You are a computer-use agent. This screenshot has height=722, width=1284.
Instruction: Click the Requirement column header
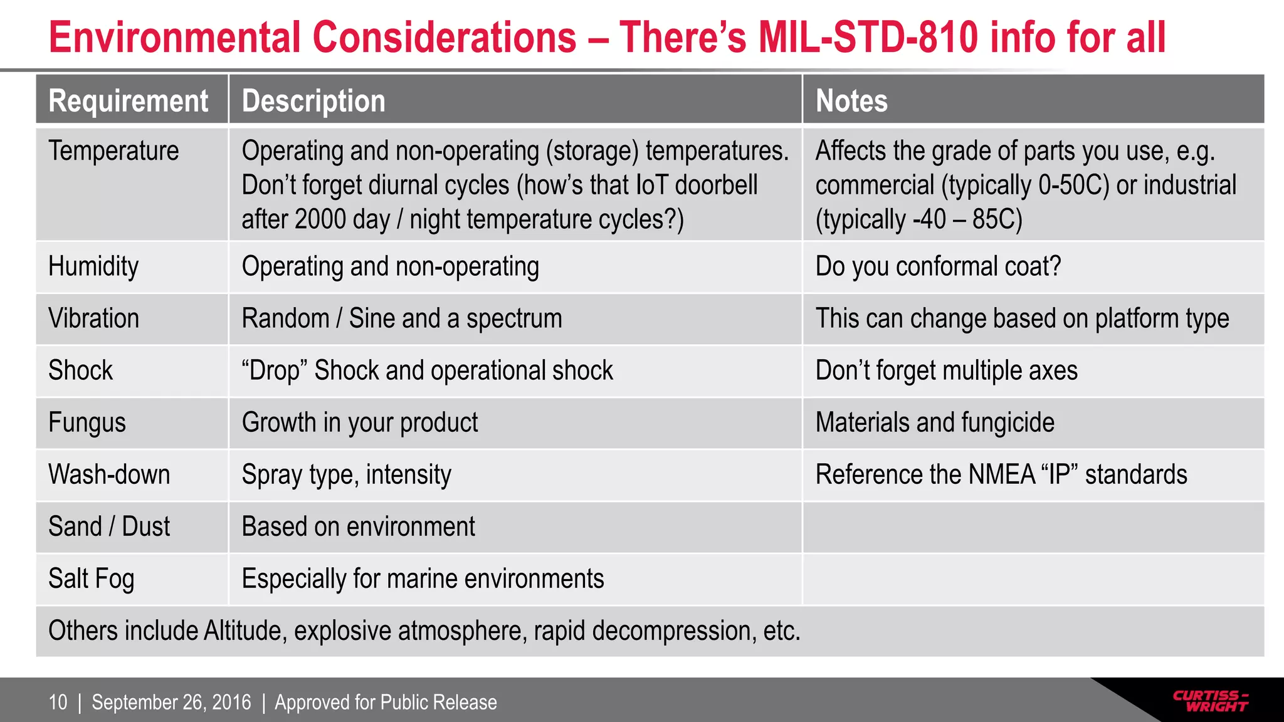point(129,101)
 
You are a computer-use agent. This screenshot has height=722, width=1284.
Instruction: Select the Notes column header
point(851,101)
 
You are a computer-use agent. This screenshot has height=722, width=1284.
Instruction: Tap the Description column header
point(313,101)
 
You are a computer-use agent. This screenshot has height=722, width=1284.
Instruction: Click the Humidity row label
point(93,266)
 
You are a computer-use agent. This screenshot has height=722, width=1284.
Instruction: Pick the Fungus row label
point(87,422)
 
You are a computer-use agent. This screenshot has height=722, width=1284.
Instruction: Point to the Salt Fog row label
point(92,578)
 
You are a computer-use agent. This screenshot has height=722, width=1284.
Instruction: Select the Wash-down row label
point(109,474)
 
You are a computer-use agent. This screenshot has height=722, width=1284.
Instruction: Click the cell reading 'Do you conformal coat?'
point(938,266)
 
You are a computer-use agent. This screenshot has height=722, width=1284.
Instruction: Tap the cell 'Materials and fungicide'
point(935,422)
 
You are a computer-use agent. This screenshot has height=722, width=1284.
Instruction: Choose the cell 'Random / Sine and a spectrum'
point(402,318)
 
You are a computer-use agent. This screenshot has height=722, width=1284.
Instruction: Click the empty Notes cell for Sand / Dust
point(1033,527)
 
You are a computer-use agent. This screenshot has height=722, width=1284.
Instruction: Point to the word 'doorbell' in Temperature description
point(716,186)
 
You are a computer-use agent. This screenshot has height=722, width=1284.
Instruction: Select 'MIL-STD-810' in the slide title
point(868,38)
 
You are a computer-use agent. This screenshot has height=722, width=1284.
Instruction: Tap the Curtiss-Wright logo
point(1210,701)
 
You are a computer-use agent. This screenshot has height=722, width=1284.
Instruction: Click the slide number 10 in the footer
point(58,703)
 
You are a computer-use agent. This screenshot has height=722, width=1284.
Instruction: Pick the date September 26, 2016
point(171,703)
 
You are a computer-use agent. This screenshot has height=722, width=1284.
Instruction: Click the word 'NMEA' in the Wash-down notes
point(1001,474)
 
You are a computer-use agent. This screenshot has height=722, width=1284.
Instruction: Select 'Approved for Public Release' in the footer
point(386,703)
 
